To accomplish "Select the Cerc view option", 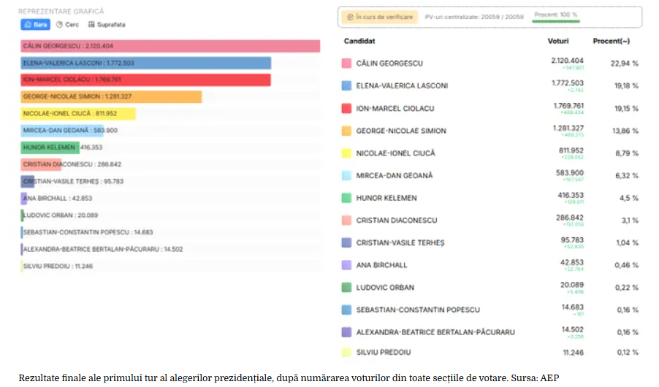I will pyautogui.click(x=68, y=24).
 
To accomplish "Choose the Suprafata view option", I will pyautogui.click(x=107, y=24).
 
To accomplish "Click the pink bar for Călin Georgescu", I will pyautogui.click(x=170, y=46).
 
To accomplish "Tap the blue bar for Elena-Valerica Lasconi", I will pyautogui.click(x=146, y=63).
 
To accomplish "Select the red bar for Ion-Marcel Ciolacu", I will pyautogui.click(x=146, y=80).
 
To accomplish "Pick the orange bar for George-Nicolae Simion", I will pyautogui.click(x=111, y=96).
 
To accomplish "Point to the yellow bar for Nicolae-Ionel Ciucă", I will pyautogui.click(x=78, y=114).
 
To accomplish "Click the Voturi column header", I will pyautogui.click(x=558, y=41).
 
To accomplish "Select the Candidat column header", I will pyautogui.click(x=359, y=41).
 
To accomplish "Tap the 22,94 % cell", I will pyautogui.click(x=625, y=64).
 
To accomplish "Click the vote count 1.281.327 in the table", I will pyautogui.click(x=568, y=128).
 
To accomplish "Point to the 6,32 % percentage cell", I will pyautogui.click(x=625, y=175).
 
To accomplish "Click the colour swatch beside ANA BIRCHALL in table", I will pyautogui.click(x=347, y=265).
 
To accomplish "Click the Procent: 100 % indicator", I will pyautogui.click(x=555, y=15).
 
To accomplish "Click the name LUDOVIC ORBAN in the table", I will pyautogui.click(x=385, y=288).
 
